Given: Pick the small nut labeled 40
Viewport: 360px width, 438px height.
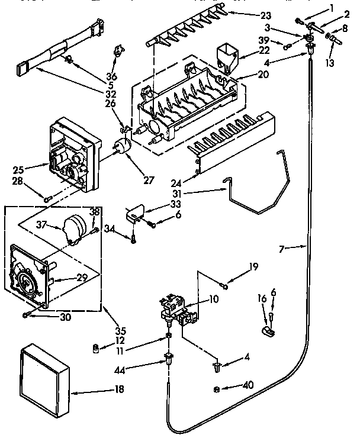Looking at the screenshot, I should click(x=217, y=389).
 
